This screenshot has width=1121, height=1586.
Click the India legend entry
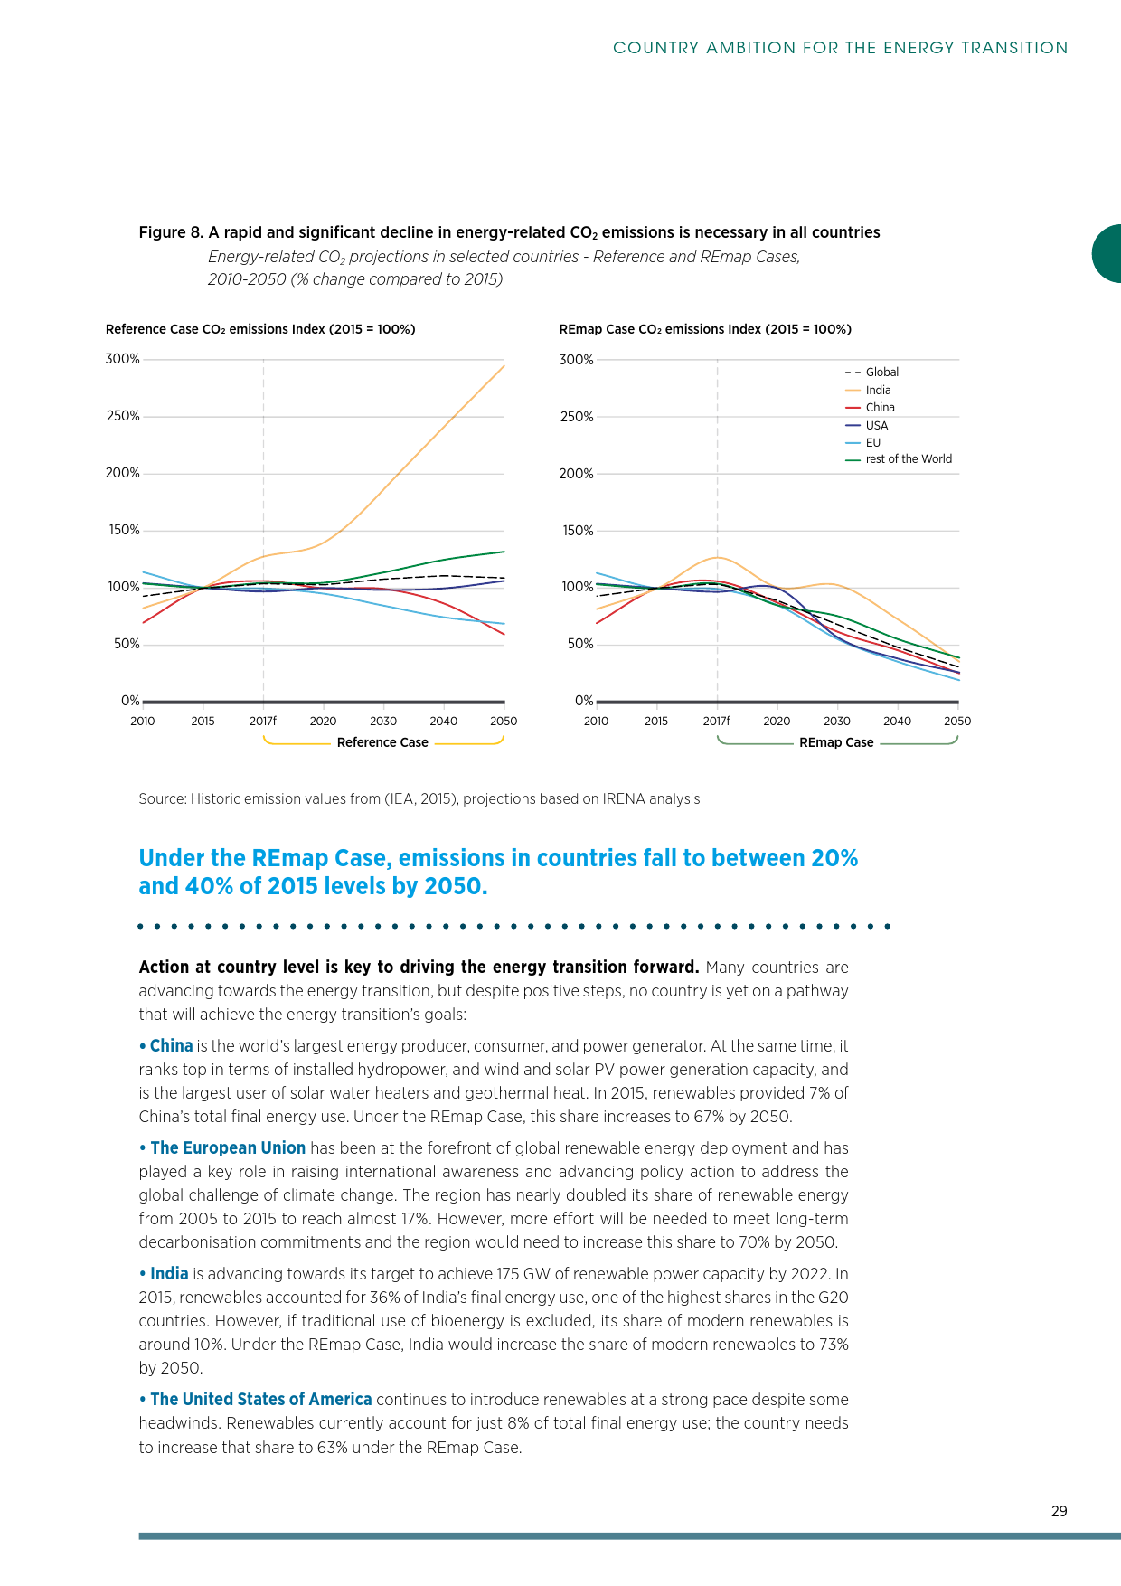(878, 391)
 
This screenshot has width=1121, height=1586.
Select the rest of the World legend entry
(908, 459)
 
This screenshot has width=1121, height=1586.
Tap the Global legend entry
(881, 373)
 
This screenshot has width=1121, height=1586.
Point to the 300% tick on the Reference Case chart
(123, 359)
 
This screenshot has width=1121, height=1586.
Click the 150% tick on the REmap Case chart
(577, 531)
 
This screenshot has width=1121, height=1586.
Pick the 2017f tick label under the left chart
(263, 722)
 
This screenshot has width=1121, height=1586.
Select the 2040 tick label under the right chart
(897, 722)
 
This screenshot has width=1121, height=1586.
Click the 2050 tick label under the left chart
(504, 722)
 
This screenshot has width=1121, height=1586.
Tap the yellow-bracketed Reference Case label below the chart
(382, 742)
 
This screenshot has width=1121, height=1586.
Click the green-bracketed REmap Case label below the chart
(836, 742)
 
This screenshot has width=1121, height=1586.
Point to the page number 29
(1060, 1511)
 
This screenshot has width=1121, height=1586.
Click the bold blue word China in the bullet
(171, 1046)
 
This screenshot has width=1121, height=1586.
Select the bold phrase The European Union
(228, 1148)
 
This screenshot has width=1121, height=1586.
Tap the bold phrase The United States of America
(260, 1400)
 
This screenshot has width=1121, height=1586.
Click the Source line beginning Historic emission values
(419, 799)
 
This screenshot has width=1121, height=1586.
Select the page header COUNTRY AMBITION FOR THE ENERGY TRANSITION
(840, 48)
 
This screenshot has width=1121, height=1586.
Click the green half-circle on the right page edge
(1108, 254)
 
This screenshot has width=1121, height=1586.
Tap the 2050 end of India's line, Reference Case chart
(503, 366)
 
